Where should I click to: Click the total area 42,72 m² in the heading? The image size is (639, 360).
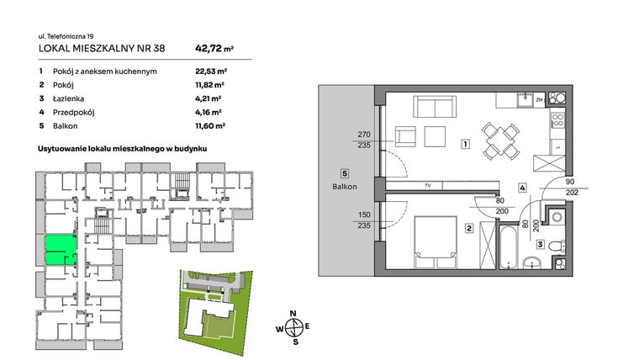[x=214, y=49]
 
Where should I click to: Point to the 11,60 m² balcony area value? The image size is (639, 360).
[x=210, y=125]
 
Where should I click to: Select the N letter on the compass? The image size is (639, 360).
[x=293, y=314]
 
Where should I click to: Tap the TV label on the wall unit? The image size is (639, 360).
[x=428, y=185]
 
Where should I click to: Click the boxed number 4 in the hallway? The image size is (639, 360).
[x=522, y=188]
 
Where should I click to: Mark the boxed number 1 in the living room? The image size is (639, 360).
[x=464, y=145]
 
